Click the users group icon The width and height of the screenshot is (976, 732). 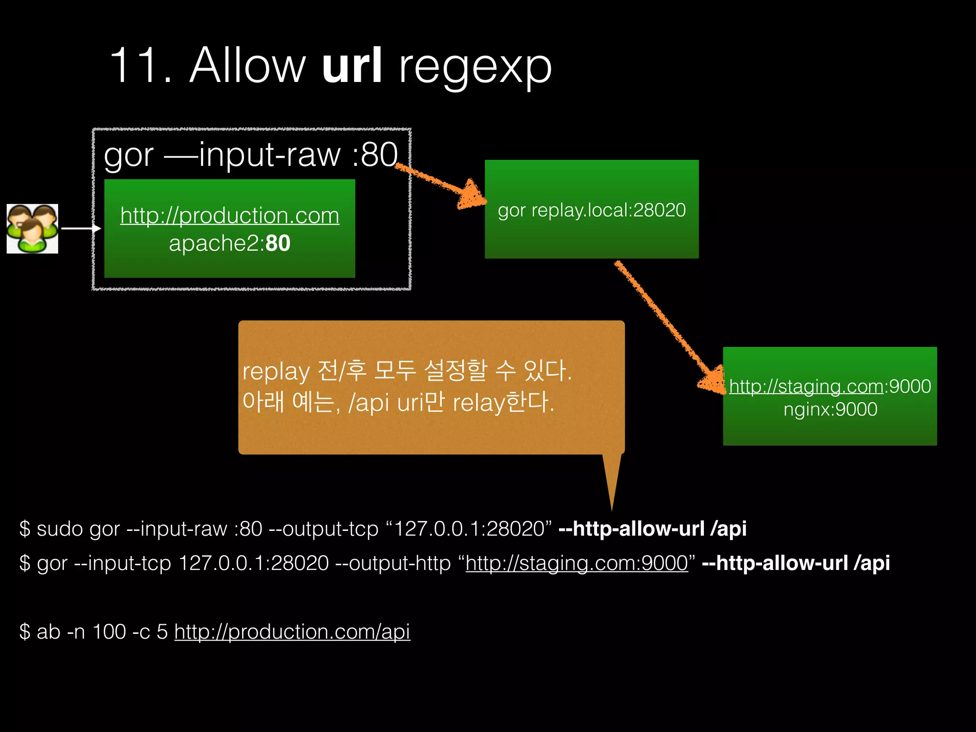(32, 229)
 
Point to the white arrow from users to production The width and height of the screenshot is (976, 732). (81, 229)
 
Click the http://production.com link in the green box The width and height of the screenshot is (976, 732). (230, 215)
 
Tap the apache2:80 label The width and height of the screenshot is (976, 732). (230, 243)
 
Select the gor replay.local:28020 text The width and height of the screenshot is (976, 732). (591, 210)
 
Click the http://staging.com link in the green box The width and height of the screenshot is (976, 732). (806, 386)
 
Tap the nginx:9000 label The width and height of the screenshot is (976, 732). (830, 409)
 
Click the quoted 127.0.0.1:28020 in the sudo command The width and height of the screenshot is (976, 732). (469, 529)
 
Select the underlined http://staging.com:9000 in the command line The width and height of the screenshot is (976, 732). (577, 563)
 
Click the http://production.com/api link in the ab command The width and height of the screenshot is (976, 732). (292, 632)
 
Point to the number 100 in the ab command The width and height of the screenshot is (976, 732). (109, 632)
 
